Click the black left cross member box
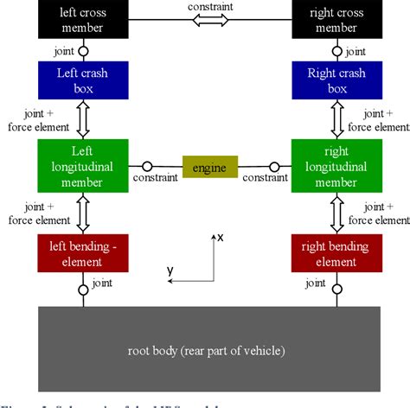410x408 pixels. [x=83, y=20]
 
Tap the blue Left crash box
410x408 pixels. [x=83, y=80]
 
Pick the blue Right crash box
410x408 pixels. [x=337, y=80]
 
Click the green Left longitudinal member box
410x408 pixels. [x=83, y=165]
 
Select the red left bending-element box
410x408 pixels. [x=83, y=254]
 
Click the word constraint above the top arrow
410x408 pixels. [x=210, y=6]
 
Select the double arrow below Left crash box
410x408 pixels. [x=84, y=121]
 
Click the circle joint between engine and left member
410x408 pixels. [x=148, y=166]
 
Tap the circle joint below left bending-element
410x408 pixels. [x=84, y=289]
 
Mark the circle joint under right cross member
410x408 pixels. [x=337, y=50]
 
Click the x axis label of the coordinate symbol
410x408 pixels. [x=221, y=236]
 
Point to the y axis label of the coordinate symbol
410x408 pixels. [x=170, y=271]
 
